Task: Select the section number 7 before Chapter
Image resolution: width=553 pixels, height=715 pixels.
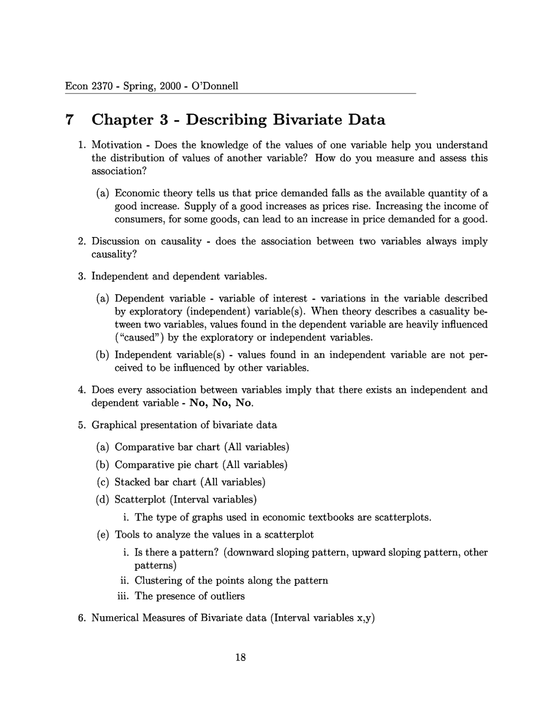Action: [x=69, y=120]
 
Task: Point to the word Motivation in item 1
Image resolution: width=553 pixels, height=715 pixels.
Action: [x=117, y=145]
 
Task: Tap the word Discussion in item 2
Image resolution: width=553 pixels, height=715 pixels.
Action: [x=115, y=241]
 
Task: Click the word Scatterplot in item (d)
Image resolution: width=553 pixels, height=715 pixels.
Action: [x=140, y=500]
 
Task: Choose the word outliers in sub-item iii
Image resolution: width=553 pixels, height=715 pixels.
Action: [x=227, y=596]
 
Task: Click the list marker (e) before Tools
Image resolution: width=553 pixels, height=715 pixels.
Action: [x=103, y=535]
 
